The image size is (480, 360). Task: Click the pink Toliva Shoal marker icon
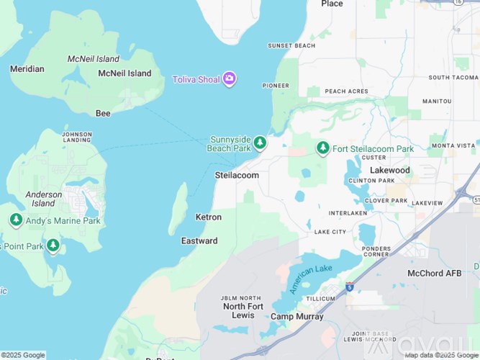pyautogui.click(x=229, y=78)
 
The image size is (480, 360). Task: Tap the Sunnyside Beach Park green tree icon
pyautogui.click(x=260, y=143)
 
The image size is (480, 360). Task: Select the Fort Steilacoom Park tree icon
pyautogui.click(x=323, y=148)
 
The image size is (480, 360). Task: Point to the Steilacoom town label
pyautogui.click(x=237, y=175)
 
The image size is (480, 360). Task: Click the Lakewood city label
pyautogui.click(x=389, y=171)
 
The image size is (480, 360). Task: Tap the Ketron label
pyautogui.click(x=209, y=217)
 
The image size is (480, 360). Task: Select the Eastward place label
pyautogui.click(x=199, y=240)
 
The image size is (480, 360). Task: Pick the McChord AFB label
pyautogui.click(x=433, y=273)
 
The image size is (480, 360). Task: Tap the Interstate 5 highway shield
pyautogui.click(x=350, y=287)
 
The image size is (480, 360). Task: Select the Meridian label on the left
pyautogui.click(x=27, y=69)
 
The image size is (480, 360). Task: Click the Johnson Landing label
pyautogui.click(x=77, y=137)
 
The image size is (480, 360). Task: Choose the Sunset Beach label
pyautogui.click(x=291, y=45)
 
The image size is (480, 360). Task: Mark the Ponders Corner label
pyautogui.click(x=377, y=251)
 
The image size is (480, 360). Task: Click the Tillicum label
pyautogui.click(x=320, y=298)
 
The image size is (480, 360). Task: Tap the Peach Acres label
pyautogui.click(x=346, y=91)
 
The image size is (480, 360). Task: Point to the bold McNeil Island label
pyautogui.click(x=124, y=73)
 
